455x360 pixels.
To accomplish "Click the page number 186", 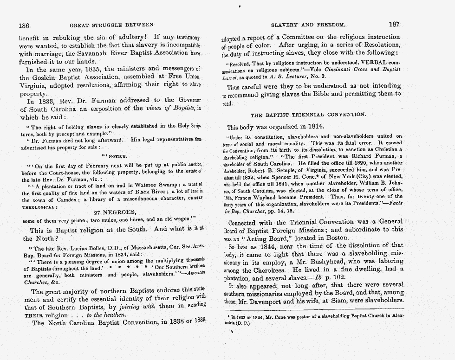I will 24,24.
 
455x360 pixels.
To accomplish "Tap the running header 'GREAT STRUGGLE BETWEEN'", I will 111,25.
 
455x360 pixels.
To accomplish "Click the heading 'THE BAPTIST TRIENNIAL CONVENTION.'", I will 308,115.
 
